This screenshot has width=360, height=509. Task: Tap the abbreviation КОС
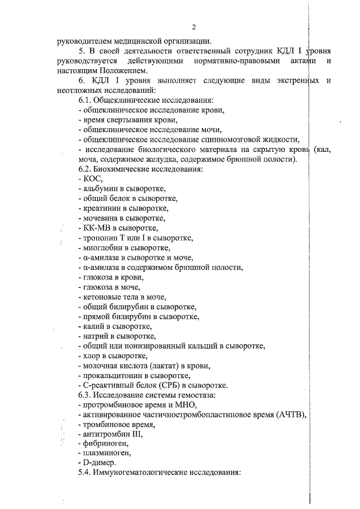click(92, 178)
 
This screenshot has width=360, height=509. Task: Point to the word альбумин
click(100, 188)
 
